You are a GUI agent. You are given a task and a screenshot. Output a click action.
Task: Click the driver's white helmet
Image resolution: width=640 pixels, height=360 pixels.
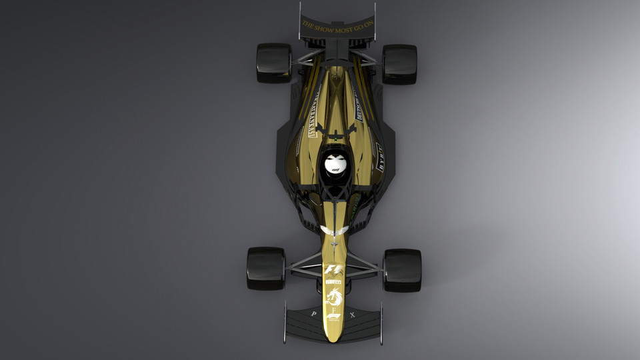[337, 164]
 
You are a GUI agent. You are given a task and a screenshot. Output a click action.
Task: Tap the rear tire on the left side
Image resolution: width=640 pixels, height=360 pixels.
[274, 63]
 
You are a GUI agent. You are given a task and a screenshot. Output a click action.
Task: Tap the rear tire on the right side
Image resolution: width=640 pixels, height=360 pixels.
[399, 64]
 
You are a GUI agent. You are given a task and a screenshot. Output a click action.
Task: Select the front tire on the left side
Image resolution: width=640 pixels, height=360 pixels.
[266, 268]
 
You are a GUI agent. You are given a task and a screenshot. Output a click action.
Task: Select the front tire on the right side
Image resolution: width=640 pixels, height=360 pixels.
[402, 270]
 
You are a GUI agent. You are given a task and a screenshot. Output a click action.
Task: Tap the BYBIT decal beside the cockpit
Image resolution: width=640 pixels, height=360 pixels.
[380, 157]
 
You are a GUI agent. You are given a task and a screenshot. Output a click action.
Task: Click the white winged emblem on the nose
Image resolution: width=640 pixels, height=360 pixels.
[334, 230]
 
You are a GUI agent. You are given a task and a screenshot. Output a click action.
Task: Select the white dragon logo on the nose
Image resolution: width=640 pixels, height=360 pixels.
[333, 297]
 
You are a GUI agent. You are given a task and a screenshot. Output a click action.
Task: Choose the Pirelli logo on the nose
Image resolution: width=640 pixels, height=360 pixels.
[333, 282]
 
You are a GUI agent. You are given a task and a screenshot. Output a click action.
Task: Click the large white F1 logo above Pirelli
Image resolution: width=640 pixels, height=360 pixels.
[333, 270]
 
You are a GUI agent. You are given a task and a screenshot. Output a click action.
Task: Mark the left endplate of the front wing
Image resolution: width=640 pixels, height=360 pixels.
[285, 323]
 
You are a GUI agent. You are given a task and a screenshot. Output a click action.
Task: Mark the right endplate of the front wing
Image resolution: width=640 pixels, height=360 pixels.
[381, 324]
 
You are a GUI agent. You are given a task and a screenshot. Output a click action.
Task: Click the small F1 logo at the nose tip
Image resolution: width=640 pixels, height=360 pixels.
[333, 315]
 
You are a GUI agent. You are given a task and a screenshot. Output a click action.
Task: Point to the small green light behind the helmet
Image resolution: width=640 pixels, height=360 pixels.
[355, 198]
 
